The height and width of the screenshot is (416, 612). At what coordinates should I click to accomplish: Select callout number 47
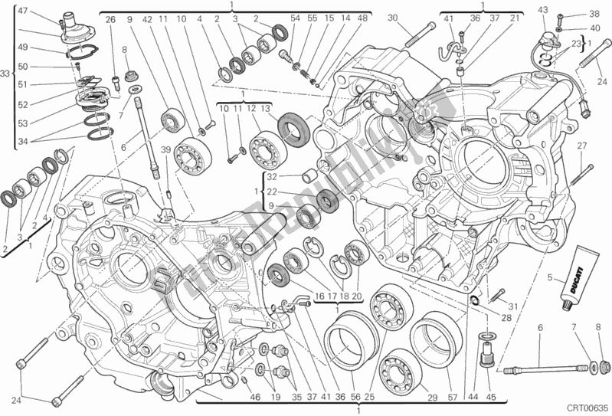point(22,11)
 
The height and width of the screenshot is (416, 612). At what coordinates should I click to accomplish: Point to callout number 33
point(6,74)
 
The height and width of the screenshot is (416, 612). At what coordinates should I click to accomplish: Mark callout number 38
point(594,15)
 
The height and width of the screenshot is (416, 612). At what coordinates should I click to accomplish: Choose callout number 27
point(581,146)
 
